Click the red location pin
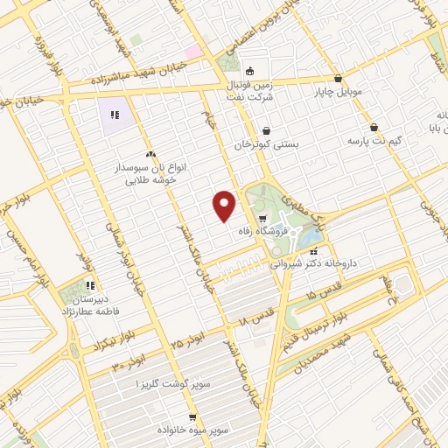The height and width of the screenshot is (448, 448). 225,205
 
